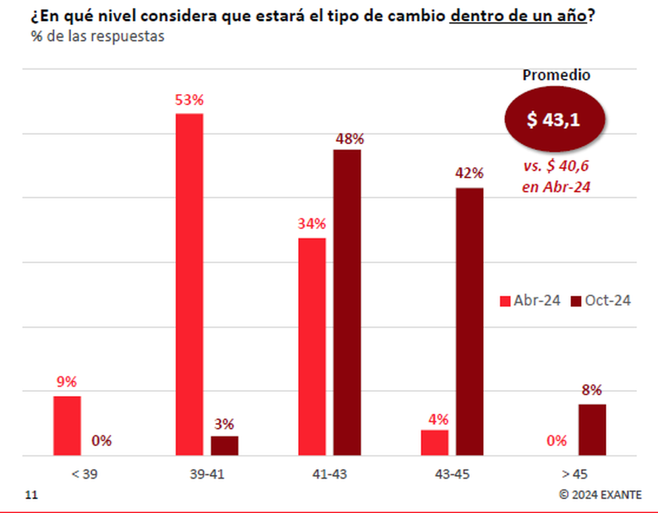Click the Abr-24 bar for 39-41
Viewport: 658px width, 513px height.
coord(190,284)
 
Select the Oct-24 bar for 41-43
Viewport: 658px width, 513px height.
coord(347,303)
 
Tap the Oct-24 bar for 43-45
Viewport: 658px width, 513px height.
coord(469,322)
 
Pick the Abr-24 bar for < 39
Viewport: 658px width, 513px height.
coord(67,426)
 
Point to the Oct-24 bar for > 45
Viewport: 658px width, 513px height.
coord(592,429)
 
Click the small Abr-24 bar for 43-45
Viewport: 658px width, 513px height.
coord(434,443)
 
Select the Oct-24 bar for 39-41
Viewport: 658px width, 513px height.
coord(224,445)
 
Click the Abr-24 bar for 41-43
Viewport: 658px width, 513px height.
coord(312,346)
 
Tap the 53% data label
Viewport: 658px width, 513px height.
coord(190,101)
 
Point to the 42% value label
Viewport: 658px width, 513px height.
coord(469,174)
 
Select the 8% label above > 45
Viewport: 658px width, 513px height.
coord(592,390)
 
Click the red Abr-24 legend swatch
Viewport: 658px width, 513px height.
coord(505,301)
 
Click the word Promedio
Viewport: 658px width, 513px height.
coord(556,75)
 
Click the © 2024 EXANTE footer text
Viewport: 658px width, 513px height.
coord(599,495)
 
